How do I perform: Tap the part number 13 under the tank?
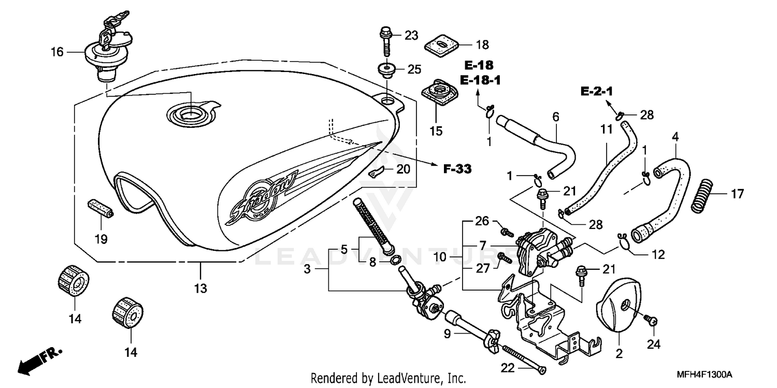tap(200, 288)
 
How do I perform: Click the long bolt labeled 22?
tap(523, 358)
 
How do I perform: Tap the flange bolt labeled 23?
tap(385, 40)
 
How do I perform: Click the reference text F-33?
tap(457, 168)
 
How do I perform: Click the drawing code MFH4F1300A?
tap(711, 374)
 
